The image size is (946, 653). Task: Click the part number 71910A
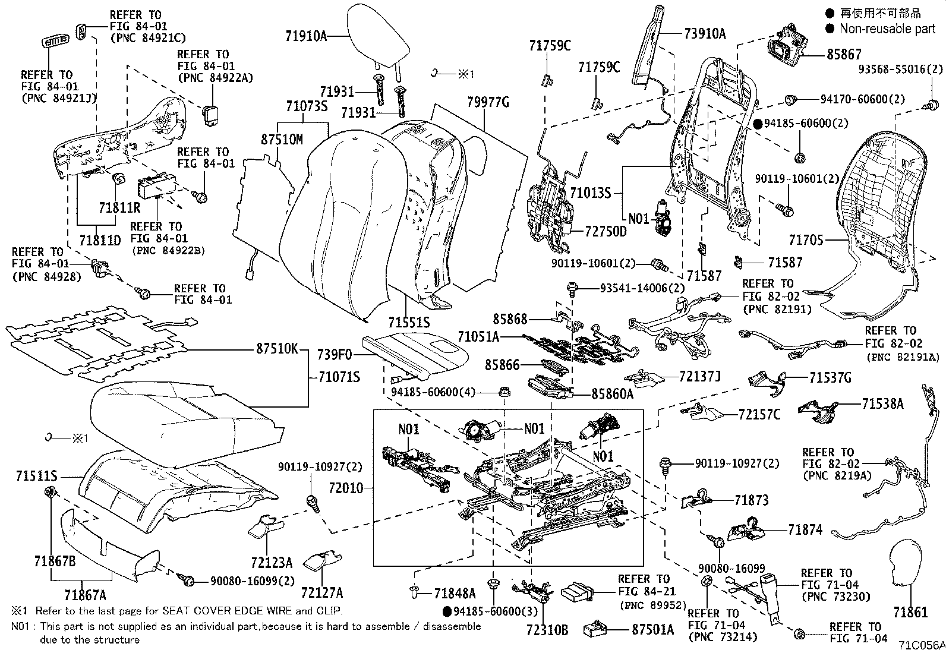click(x=306, y=36)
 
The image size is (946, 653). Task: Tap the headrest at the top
click(x=379, y=37)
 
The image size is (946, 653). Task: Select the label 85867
click(x=844, y=55)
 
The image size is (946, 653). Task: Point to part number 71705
click(x=806, y=240)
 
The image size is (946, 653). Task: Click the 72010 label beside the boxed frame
click(x=346, y=488)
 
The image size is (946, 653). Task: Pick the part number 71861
click(x=910, y=612)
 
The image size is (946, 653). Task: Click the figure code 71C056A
click(x=922, y=645)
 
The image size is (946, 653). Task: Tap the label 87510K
click(x=277, y=348)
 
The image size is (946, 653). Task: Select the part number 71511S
click(x=36, y=476)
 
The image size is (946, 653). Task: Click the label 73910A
click(x=705, y=33)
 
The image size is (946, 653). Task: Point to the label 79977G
click(x=488, y=102)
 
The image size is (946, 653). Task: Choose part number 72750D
click(x=606, y=232)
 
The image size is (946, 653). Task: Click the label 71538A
click(x=882, y=404)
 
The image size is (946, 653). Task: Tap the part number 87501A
click(x=653, y=630)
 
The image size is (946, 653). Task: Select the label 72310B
click(x=547, y=630)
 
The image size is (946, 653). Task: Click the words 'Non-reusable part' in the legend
click(x=888, y=29)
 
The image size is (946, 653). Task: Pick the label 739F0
click(x=335, y=355)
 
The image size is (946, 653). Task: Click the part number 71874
click(x=805, y=529)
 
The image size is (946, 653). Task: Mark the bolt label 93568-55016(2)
click(x=900, y=70)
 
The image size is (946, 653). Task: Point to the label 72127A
click(x=322, y=592)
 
